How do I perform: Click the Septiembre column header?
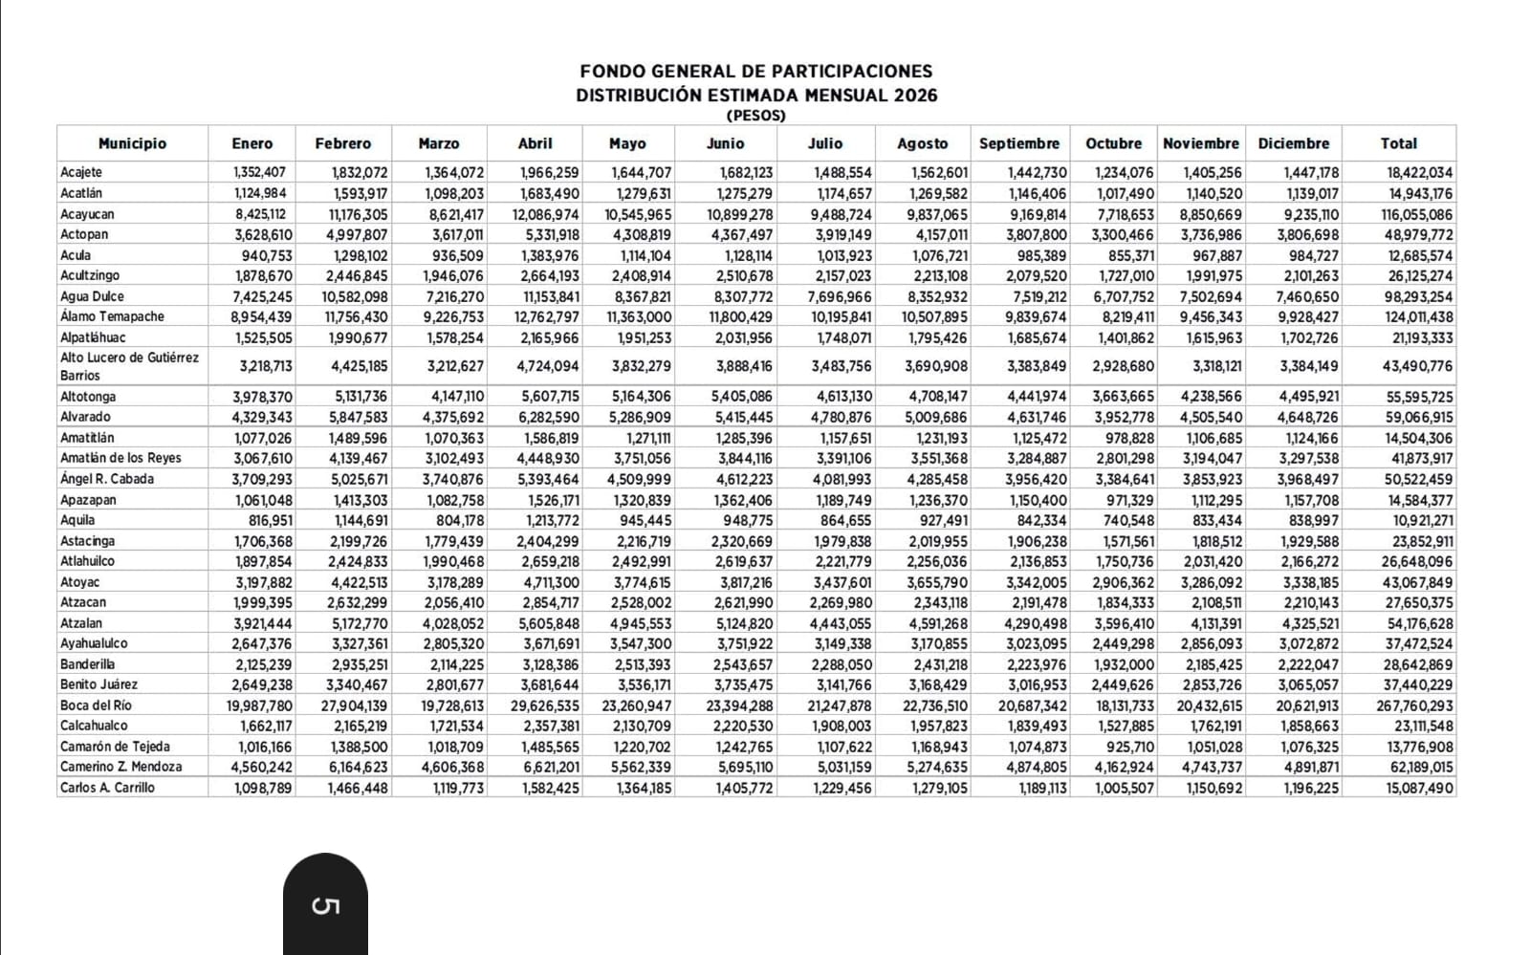(x=1019, y=143)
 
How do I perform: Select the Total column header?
(x=1398, y=143)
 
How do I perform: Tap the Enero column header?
(x=251, y=143)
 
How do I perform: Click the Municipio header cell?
(x=132, y=143)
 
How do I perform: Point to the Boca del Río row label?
(x=96, y=705)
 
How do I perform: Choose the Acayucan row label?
(x=87, y=214)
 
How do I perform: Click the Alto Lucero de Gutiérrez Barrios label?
(x=129, y=366)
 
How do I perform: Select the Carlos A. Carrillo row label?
(x=107, y=788)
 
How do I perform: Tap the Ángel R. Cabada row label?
(x=107, y=479)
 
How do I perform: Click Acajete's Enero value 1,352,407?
(x=263, y=173)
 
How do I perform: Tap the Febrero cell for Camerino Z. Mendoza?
(x=357, y=768)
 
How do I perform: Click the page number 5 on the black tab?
(x=325, y=905)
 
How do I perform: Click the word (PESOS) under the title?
(x=755, y=116)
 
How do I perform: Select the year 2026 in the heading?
(x=916, y=95)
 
